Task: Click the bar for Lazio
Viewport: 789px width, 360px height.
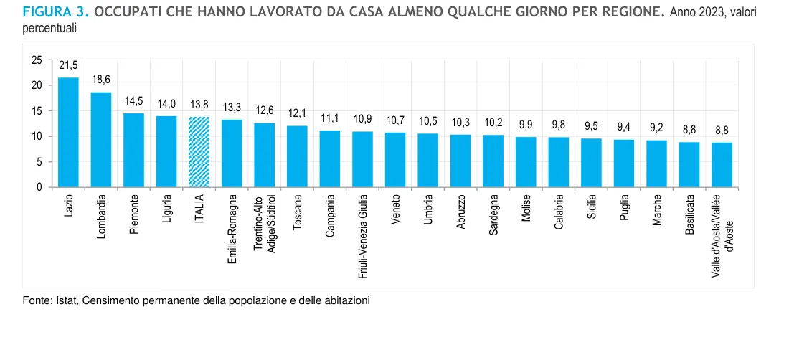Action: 68,133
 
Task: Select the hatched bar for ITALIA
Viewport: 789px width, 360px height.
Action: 199,152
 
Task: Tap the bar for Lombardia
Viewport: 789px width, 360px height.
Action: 101,140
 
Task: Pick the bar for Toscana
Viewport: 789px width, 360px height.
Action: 297,156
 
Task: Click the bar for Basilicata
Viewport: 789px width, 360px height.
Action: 689,165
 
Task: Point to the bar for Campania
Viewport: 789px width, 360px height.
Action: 330,158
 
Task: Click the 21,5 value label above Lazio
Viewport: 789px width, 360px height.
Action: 68,66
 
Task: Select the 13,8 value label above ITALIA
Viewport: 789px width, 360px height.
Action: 199,105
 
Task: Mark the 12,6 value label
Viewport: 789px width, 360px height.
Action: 265,111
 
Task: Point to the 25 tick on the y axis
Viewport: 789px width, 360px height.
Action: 37,60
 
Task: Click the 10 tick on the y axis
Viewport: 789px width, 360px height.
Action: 37,136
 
